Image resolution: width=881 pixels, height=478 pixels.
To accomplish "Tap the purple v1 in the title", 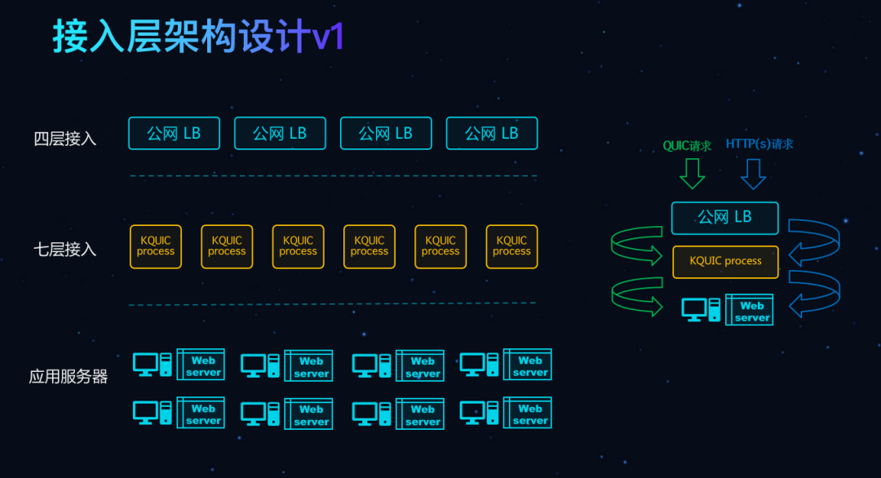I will coord(329,37).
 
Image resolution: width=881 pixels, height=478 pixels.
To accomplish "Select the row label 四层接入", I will coord(65,139).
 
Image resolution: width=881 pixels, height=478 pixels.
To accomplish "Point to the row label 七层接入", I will coord(65,249).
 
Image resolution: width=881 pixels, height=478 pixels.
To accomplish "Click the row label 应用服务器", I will coord(69,377).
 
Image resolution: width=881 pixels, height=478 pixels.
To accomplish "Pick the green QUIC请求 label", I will coord(687,146).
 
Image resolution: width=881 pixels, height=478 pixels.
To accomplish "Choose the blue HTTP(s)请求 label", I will coord(759,144).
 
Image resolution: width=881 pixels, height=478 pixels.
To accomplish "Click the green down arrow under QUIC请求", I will coord(693,173).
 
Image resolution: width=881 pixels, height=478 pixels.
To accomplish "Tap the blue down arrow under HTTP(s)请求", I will coord(753,173).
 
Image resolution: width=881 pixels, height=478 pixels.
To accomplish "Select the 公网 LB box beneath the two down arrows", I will coord(724,218).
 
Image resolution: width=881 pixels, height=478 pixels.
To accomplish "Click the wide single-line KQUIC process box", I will coord(725,262).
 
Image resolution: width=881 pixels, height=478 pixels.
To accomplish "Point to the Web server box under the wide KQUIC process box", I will coord(750,311).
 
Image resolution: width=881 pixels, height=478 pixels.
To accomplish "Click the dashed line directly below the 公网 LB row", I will coord(333,175).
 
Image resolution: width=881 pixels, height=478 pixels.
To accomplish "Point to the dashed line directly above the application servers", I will coord(333,304).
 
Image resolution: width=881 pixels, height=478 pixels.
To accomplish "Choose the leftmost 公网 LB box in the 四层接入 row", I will coord(174,134).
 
